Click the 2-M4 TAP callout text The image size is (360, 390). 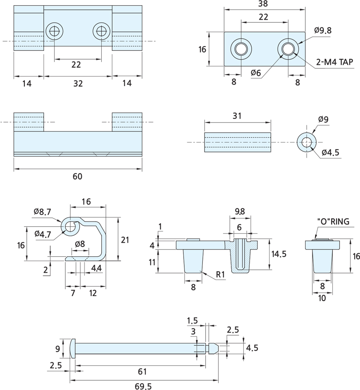pos(334,62)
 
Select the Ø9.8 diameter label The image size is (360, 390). pos(323,30)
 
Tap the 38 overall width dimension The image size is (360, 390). pos(263,4)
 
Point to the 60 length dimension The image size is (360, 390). pos(78,176)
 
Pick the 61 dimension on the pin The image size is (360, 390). pos(142,372)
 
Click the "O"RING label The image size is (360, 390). pos(333,221)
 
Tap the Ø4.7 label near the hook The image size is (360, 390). pos(43,234)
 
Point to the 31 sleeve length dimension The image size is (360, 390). pos(237,116)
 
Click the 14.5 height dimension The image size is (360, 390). pos(279,254)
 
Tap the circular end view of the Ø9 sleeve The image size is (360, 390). pos(307,142)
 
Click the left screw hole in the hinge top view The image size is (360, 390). pos(54,31)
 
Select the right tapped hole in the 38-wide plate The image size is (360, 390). pos(288,49)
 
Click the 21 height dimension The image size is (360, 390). pos(125,240)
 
